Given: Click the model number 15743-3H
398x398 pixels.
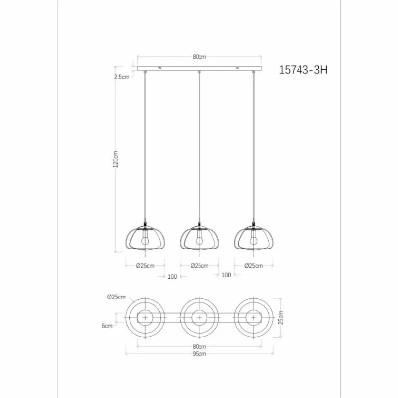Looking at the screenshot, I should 303,71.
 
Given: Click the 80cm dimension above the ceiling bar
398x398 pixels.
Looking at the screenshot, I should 199,57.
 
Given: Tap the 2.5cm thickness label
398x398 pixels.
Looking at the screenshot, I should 122,77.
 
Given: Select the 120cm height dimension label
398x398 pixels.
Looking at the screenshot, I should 116,159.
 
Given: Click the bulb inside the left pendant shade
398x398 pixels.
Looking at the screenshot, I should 145,240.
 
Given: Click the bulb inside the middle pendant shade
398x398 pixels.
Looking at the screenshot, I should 199,240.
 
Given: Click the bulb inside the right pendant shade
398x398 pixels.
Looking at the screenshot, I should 253,240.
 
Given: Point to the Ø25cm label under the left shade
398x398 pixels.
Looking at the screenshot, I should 145,266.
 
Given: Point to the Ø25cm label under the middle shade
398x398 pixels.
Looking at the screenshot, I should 199,266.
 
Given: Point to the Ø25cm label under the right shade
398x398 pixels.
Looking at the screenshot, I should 253,266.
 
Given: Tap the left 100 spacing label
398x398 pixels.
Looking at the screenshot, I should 172,276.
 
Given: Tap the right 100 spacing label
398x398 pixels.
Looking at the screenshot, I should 226,275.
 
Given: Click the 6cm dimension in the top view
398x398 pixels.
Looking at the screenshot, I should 107,326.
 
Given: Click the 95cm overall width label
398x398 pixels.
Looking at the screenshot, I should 199,354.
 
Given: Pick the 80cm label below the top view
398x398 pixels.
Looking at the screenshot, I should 199,346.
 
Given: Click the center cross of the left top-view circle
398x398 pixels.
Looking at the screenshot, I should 145,317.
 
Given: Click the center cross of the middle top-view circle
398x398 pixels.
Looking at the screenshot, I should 199,317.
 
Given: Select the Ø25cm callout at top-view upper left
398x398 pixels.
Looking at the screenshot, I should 115,297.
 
